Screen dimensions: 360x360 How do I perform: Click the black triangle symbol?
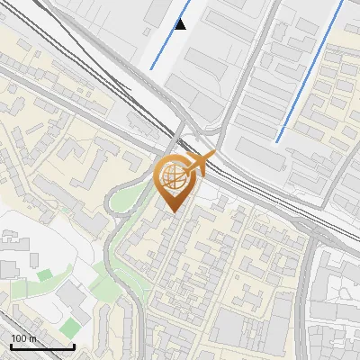tap(181, 24)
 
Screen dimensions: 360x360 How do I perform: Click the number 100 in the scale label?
tap(18, 338)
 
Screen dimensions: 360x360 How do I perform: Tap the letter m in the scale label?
tap(31, 338)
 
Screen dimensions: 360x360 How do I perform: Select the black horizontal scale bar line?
tap(42, 347)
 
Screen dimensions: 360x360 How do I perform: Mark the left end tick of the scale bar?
tap(11, 346)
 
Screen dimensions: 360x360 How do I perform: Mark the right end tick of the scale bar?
tap(74, 346)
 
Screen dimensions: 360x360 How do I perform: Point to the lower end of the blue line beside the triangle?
tap(150, 68)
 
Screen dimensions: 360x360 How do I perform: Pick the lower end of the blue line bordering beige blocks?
tap(277, 141)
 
